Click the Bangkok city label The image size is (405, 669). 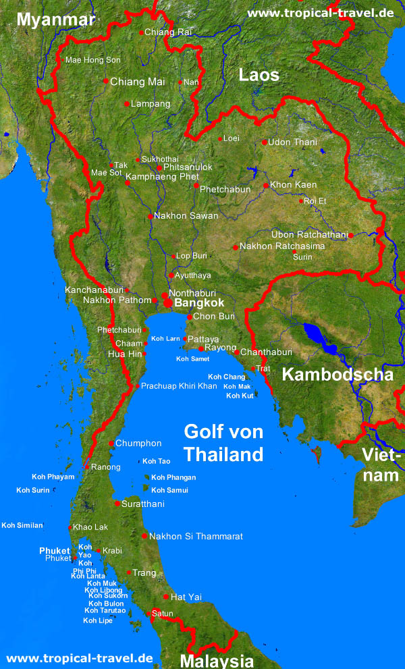coord(199,304)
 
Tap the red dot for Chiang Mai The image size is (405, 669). coord(106,81)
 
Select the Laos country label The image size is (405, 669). coord(259,75)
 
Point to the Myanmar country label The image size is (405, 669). coord(56,20)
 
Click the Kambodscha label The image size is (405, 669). coord(337,375)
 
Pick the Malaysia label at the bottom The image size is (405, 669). coord(217,661)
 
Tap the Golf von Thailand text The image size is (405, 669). coord(223,443)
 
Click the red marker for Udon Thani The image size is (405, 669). coord(265,142)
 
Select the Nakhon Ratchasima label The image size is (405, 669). coord(282,246)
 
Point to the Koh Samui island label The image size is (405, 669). coord(169,490)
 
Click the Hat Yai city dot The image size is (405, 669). coord(166,597)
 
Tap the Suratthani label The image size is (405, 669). coord(143,504)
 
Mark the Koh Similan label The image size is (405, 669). coord(22,525)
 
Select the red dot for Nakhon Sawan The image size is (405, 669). coord(150,217)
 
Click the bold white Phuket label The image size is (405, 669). coord(55,551)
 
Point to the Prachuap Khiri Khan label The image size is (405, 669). coord(179,386)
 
